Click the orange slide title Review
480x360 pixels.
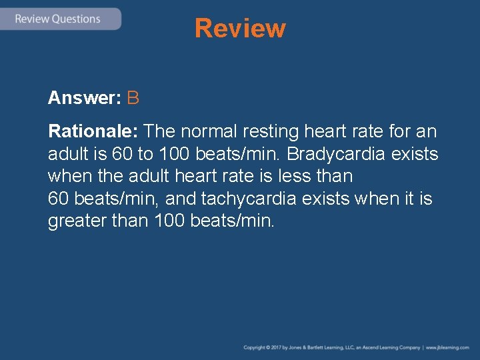tap(240, 29)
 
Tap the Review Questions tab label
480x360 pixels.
tap(57, 19)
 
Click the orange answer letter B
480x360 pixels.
tap(133, 98)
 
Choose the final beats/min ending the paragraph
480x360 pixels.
tap(233, 221)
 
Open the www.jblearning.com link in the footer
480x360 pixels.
tap(447, 347)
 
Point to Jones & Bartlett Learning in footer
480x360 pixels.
tap(318, 347)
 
